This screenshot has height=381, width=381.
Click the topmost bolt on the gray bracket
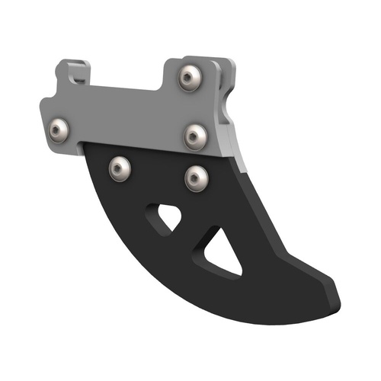pyautogui.click(x=190, y=77)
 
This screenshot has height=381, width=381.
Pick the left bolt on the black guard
pyautogui.click(x=120, y=168)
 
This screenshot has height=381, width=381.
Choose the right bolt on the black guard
pyautogui.click(x=196, y=178)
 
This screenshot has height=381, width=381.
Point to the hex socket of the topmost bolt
pyautogui.click(x=190, y=77)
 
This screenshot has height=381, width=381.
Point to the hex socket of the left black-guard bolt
pyautogui.click(x=120, y=168)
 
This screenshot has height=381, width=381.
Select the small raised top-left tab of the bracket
pyautogui.click(x=72, y=71)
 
